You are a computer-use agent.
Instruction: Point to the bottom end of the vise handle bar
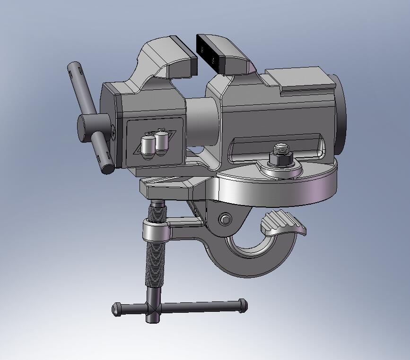click(x=108, y=168)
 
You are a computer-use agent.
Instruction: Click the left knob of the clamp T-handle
click(x=116, y=310)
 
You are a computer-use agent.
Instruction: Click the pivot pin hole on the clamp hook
click(x=225, y=219)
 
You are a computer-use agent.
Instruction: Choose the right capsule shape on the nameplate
click(x=162, y=143)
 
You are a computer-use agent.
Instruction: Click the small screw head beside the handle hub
click(x=114, y=134)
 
